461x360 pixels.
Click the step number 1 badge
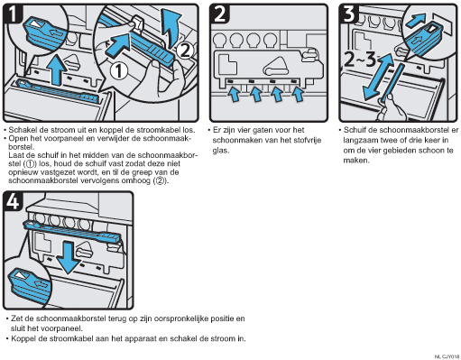pos(12,14)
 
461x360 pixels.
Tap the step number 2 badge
pos(219,14)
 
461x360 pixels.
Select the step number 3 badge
pos(349,14)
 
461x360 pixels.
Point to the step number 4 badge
pos(13,201)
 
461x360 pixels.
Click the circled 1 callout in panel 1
pos(119,71)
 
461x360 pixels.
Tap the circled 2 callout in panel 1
pos(184,51)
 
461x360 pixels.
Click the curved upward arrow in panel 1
pos(171,28)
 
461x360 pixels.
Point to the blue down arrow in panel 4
pos(68,258)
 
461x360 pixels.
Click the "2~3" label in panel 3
pos(360,59)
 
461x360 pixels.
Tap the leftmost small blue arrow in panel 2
pos(234,94)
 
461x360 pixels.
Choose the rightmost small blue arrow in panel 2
pos(298,94)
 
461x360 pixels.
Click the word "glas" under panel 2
pos(220,151)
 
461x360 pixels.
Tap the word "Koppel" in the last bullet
pos(23,339)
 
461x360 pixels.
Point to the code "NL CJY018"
pos(447,356)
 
